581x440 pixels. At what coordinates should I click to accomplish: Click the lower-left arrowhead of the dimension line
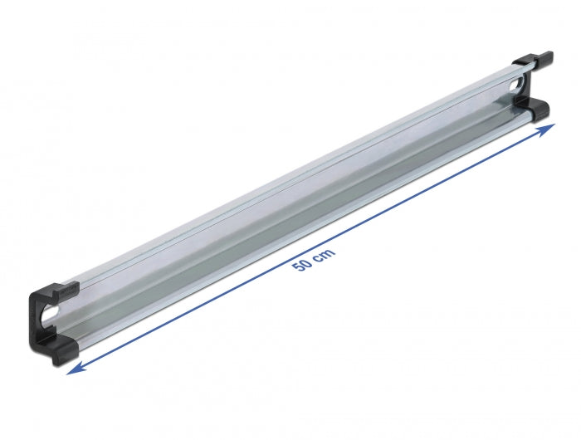pos(72,371)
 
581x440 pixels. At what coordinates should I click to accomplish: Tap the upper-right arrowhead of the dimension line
pos(549,129)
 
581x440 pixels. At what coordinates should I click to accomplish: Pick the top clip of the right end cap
pos(533,60)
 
